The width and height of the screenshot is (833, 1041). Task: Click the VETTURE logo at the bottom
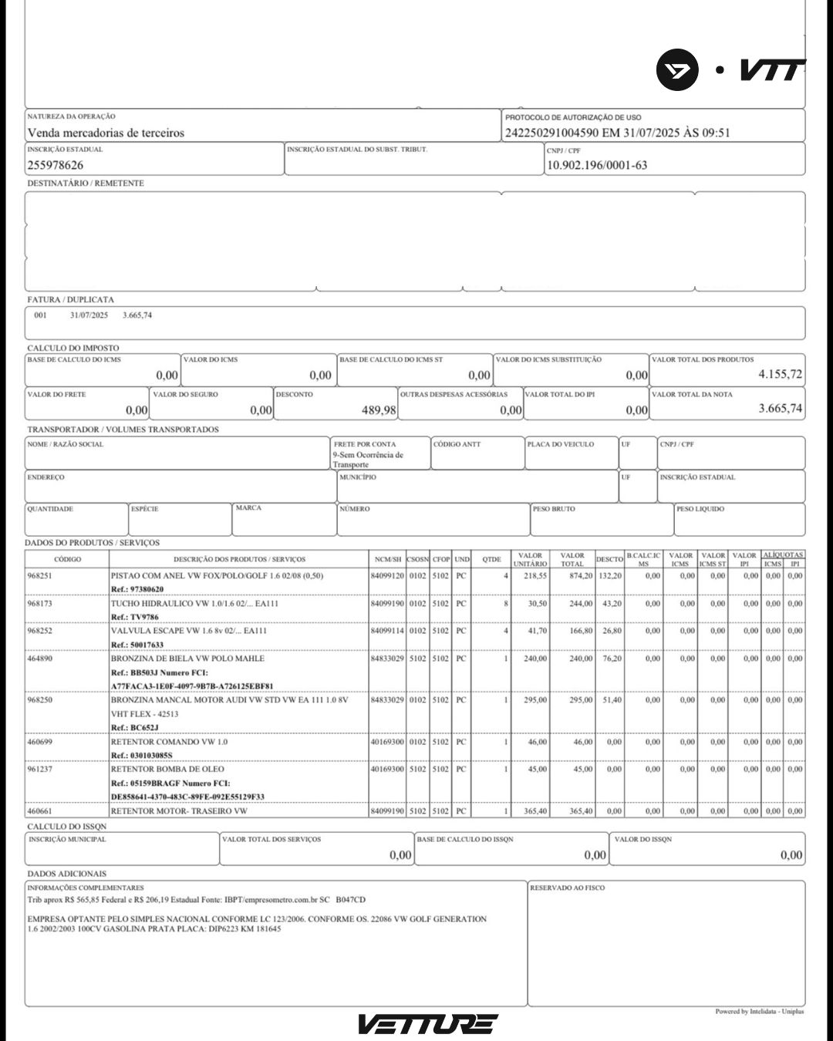[x=427, y=1024]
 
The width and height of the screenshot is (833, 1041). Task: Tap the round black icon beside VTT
[x=677, y=70]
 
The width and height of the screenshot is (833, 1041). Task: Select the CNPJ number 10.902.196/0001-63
[x=597, y=165]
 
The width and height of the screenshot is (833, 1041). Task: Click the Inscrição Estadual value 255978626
[x=56, y=165]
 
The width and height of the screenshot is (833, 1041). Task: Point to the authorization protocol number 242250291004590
[x=551, y=133]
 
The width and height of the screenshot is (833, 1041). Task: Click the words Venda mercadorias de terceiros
[x=106, y=133]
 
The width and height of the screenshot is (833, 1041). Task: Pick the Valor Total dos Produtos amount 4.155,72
[x=780, y=375]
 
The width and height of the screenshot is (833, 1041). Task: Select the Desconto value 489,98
[x=379, y=410]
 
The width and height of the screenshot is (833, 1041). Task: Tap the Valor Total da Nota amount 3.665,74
[x=780, y=409]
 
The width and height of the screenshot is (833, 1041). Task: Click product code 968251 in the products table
[x=40, y=576]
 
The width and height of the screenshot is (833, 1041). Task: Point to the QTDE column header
[x=491, y=559]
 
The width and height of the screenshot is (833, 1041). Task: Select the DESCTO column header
[x=609, y=559]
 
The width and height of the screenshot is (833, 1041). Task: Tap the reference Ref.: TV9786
[x=135, y=617]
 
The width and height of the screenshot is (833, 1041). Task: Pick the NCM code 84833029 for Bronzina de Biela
[x=387, y=659]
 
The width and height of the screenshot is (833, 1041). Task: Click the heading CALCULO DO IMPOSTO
[x=73, y=348]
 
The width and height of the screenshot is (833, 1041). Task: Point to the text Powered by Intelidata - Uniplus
[x=759, y=1012]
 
